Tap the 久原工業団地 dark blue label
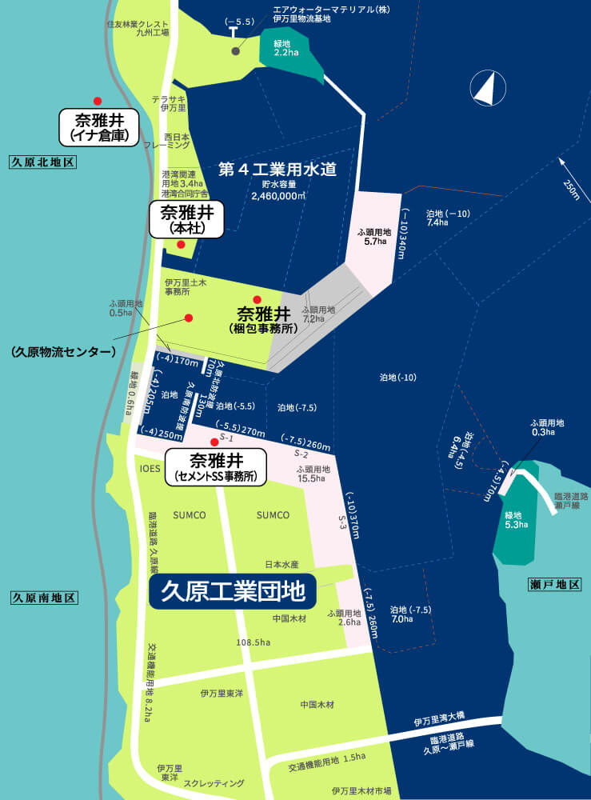point(233,591)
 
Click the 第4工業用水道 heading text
point(277,169)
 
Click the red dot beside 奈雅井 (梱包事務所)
point(257,300)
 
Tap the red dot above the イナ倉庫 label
point(98,101)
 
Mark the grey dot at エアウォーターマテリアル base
point(235,51)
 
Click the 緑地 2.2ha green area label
point(286,47)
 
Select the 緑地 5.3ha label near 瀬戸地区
point(517,519)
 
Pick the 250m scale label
point(570,189)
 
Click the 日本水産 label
point(282,564)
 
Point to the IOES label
point(150,468)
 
